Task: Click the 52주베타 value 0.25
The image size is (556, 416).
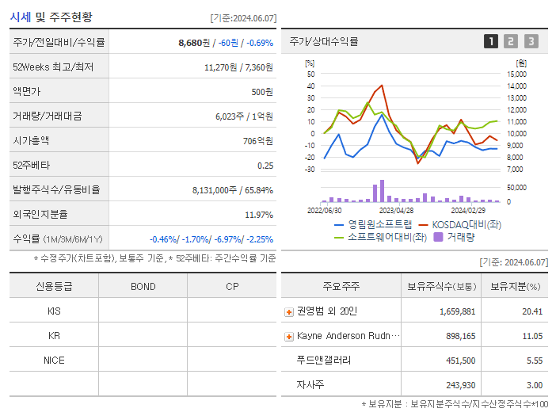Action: (x=265, y=166)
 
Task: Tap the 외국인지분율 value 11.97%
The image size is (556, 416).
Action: (x=259, y=215)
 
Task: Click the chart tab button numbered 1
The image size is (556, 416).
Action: (x=491, y=42)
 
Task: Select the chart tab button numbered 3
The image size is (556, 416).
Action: (x=531, y=42)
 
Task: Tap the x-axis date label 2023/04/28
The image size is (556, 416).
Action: (x=396, y=210)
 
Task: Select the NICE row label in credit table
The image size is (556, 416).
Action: (x=54, y=360)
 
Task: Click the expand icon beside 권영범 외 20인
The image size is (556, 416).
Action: (x=289, y=312)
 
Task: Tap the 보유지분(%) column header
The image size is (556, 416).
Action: (x=515, y=286)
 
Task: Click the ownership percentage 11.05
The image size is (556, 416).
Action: (x=531, y=337)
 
